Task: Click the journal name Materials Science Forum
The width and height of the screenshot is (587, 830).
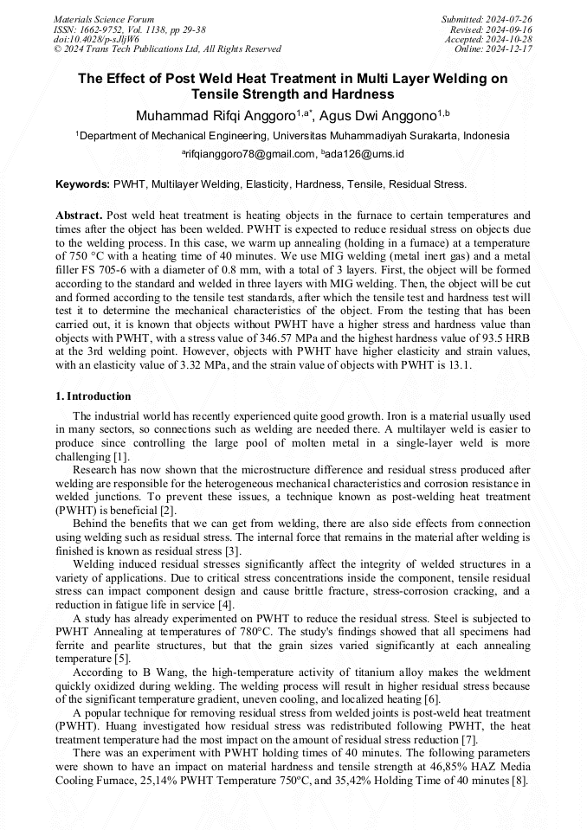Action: (x=104, y=19)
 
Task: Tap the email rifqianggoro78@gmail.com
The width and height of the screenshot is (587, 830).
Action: (x=249, y=154)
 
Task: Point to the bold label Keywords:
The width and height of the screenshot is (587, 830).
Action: (x=82, y=184)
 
